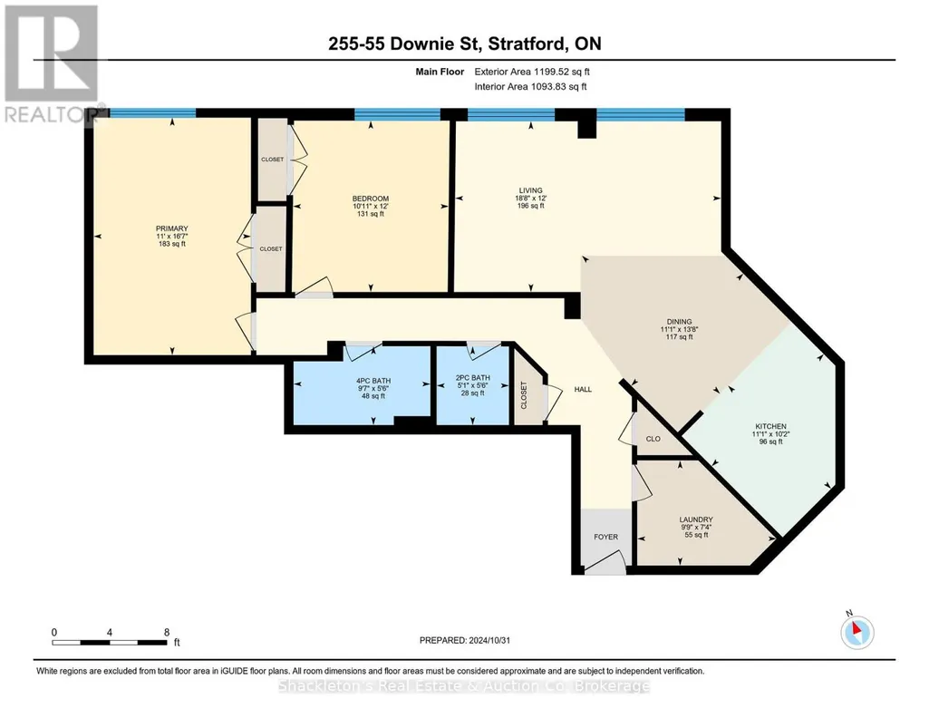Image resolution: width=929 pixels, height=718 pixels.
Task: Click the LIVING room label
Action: (530, 190)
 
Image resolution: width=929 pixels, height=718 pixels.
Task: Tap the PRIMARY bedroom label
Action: (172, 228)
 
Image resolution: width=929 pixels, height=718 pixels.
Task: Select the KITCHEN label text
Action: (770, 426)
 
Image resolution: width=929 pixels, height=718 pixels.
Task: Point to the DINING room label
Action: (679, 322)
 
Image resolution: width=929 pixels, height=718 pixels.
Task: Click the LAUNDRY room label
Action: (696, 519)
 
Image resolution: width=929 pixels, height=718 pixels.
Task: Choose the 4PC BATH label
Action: (373, 381)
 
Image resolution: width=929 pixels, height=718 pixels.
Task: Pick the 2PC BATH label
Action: (473, 377)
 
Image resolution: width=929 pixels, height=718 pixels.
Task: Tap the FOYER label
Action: (605, 537)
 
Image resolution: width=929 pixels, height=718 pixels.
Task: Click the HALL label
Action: (583, 389)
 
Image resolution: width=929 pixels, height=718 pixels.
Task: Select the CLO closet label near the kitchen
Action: (653, 439)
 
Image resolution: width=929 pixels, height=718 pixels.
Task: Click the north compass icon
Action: (856, 632)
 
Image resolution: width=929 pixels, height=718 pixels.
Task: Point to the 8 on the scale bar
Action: (167, 632)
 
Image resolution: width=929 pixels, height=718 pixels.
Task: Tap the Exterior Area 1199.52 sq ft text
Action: (532, 72)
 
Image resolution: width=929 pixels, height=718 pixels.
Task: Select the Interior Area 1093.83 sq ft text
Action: (531, 86)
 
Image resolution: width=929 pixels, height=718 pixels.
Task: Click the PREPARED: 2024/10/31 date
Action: (464, 640)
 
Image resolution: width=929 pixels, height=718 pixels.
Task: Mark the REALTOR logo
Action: (53, 64)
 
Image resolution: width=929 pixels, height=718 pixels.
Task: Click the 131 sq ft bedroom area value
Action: (371, 214)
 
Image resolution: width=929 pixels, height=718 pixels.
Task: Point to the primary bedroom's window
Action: (153, 112)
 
